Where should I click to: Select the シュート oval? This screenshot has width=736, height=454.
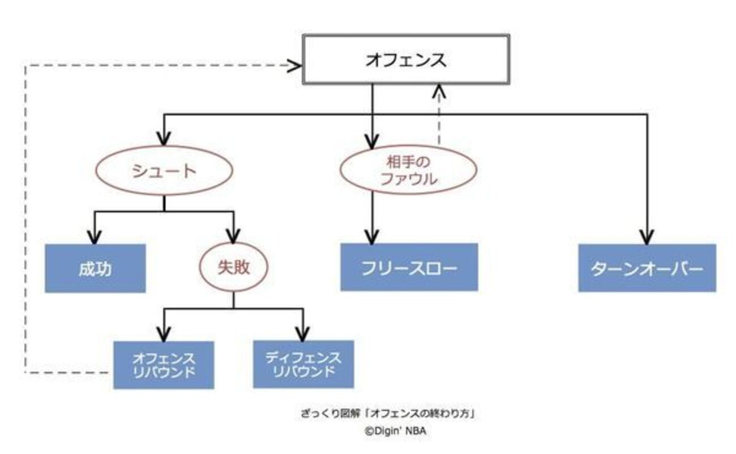tap(164, 172)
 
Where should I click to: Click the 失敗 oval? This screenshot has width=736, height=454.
tap(233, 268)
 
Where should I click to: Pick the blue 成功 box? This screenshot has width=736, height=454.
tap(95, 268)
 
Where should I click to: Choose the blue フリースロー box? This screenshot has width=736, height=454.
tap(409, 267)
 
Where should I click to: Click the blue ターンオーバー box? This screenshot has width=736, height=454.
tap(647, 268)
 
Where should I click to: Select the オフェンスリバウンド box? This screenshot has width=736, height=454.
tap(164, 365)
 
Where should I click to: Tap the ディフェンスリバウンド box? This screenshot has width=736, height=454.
tap(303, 364)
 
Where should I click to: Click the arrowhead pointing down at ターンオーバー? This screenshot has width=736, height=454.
tap(647, 237)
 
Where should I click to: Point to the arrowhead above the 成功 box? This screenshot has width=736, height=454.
tap(95, 236)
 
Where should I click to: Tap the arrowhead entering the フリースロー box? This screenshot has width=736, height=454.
tap(372, 237)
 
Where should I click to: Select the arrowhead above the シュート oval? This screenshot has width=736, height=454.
tap(164, 139)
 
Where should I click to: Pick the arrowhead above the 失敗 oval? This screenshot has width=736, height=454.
tap(233, 237)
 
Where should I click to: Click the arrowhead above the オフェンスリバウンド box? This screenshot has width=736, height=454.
tap(164, 333)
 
